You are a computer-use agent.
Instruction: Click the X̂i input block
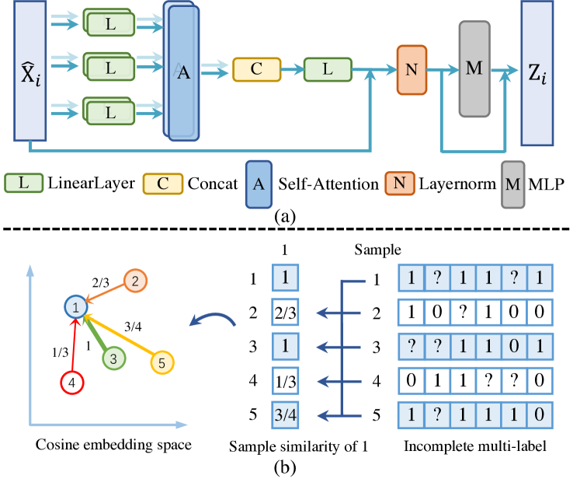coord(30,77)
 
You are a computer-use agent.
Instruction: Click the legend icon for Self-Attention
coord(263,184)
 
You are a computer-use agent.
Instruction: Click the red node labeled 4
coord(71,383)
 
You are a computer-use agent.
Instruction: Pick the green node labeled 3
coord(113,358)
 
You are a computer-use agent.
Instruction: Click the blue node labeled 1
coord(75,309)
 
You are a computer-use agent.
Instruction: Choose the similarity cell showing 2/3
coord(283,314)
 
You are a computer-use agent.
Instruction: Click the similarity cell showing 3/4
coord(283,414)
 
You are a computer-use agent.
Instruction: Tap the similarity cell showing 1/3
coord(283,380)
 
